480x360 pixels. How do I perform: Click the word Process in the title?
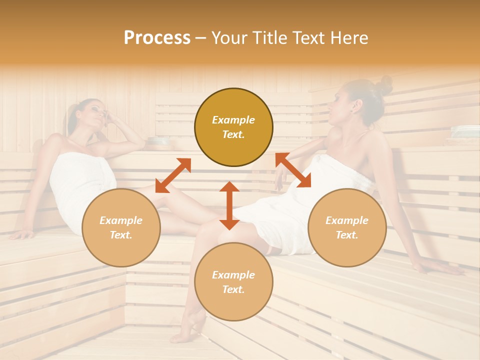[157, 38]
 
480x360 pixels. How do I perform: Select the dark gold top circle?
[233, 127]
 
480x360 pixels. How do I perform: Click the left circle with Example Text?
[121, 228]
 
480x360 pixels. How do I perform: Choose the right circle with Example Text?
[347, 228]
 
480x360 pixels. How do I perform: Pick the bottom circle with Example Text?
[233, 282]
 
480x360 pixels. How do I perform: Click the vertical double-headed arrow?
[229, 205]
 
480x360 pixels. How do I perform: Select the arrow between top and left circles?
[173, 175]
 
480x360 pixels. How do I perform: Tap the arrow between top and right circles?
[293, 170]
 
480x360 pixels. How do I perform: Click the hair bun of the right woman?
[384, 85]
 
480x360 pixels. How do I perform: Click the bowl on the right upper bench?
[465, 131]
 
